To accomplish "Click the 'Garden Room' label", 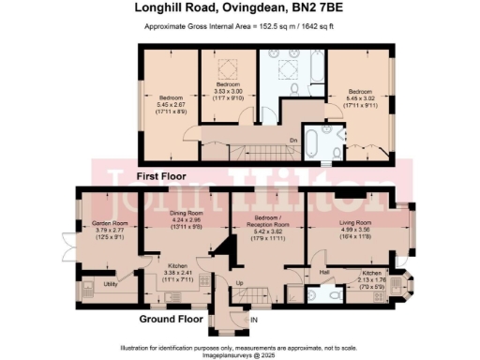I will (110, 223).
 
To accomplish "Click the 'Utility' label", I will (110, 282).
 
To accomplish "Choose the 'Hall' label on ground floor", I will (323, 271).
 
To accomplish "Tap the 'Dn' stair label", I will (293, 140).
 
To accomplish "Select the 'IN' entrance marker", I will (254, 320).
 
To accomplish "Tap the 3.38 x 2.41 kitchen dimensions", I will (177, 272).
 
